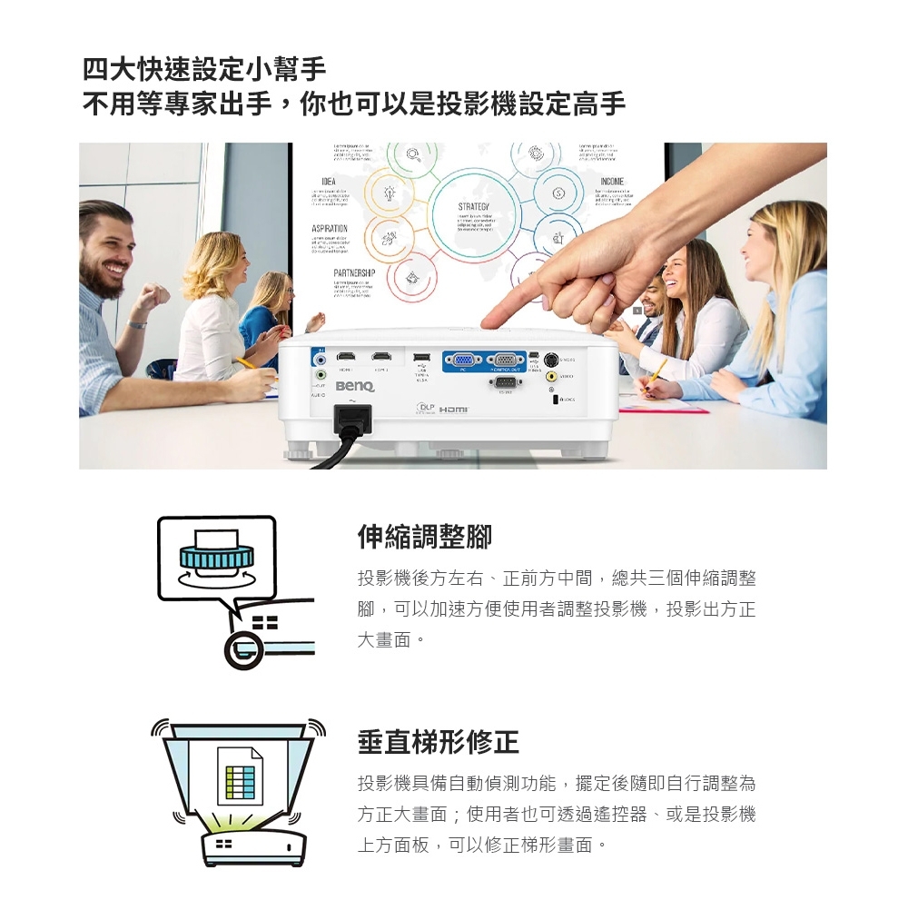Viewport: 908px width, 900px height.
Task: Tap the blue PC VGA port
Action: point(462,360)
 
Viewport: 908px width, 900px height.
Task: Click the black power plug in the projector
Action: point(352,420)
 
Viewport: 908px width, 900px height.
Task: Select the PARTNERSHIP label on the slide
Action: point(353,273)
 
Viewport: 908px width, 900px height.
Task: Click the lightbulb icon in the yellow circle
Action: point(390,194)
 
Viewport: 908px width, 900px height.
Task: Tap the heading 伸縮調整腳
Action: point(424,537)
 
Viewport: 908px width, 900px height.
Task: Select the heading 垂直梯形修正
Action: point(438,742)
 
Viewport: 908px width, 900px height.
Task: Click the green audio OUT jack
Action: point(320,374)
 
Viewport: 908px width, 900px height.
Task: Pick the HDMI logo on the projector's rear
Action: point(452,410)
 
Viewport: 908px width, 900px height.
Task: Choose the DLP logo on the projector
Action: point(422,407)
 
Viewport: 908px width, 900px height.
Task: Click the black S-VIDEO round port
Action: point(551,358)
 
